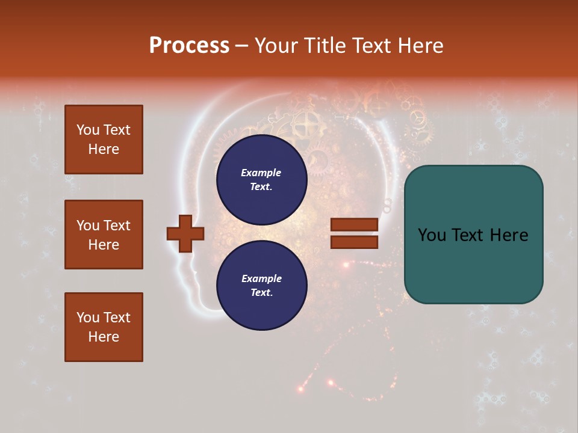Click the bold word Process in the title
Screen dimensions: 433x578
coord(189,46)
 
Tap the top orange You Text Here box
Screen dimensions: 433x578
coord(104,140)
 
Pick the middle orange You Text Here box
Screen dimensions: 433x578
coord(104,235)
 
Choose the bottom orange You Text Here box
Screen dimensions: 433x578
coord(104,327)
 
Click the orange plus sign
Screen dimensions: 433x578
coord(185,233)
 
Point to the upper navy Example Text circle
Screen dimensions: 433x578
coord(261,180)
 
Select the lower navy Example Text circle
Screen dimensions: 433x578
coord(261,286)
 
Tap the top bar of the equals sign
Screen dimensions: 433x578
coord(354,225)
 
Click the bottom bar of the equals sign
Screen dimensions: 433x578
coord(354,242)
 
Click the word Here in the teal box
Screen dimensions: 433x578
coord(508,235)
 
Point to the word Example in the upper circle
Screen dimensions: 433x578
coord(261,173)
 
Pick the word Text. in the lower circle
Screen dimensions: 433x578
coord(261,293)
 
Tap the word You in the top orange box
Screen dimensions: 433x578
coord(88,130)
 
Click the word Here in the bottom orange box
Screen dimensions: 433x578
coord(104,337)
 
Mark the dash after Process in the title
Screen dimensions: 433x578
coord(241,46)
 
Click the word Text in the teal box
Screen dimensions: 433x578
coord(469,235)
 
